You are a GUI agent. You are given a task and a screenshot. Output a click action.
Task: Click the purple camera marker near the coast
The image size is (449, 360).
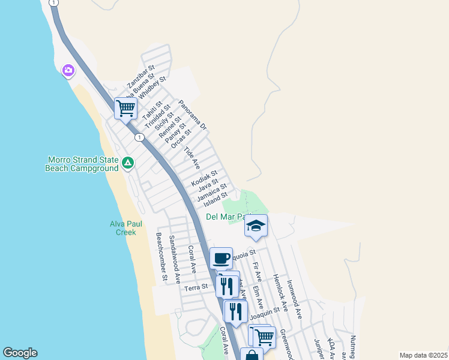[x=68, y=71]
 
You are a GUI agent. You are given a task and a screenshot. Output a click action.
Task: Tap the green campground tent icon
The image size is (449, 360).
[x=128, y=163]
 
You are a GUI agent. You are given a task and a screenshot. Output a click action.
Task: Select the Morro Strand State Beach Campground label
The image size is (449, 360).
[x=82, y=164]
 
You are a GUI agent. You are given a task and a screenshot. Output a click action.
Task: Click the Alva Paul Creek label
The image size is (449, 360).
[x=126, y=228]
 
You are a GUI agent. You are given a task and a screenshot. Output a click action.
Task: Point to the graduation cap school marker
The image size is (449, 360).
[x=256, y=226]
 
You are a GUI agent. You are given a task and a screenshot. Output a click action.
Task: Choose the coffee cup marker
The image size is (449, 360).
[x=221, y=258]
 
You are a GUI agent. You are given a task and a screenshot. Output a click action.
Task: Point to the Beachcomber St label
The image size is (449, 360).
[x=160, y=257]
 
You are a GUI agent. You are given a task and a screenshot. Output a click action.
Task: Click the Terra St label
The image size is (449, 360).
[x=196, y=287]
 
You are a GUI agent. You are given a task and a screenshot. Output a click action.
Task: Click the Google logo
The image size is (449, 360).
[x=20, y=353]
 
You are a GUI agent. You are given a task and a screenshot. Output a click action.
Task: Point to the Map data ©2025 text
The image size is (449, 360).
[x=423, y=355]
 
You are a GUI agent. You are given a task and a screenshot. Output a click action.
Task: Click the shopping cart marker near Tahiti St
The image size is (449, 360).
[x=125, y=109]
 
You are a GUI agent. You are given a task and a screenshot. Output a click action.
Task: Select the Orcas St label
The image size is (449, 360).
[x=181, y=139]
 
